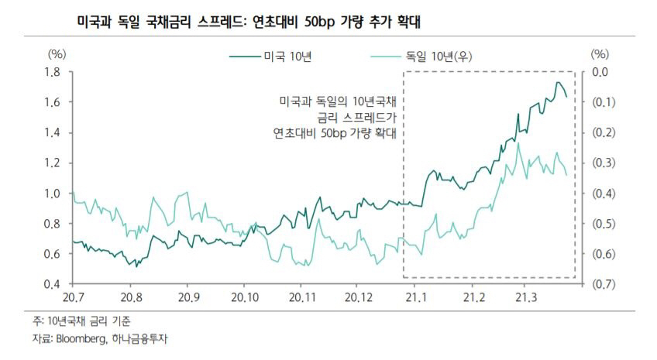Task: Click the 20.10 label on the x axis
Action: (245, 297)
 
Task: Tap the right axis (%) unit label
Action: (600, 54)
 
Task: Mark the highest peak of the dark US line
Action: (558, 82)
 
